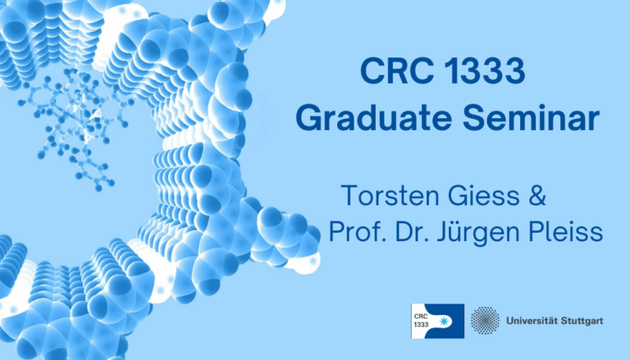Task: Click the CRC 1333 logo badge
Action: [438, 321]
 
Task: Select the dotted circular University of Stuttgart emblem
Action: [486, 321]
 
